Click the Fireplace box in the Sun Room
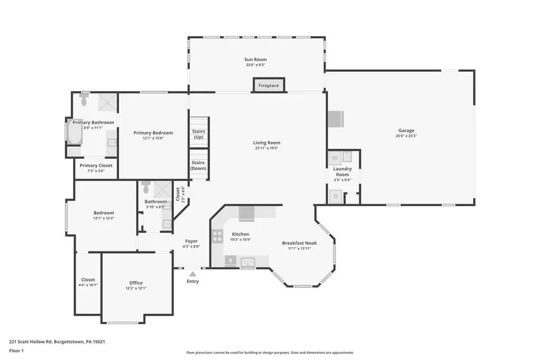269,85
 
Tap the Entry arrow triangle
193,274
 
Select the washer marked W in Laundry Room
335,158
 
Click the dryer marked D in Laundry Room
335,197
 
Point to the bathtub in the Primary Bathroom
74,131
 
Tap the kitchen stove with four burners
217,236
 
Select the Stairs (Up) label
198,134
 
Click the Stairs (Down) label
198,165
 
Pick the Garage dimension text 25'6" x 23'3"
407,136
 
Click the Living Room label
266,142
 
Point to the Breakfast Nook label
300,243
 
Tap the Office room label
136,283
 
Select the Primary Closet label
96,165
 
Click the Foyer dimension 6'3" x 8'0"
191,247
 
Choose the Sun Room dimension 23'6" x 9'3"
256,65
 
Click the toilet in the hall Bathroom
146,187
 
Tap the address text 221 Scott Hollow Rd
30,342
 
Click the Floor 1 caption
16,351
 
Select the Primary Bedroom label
153,132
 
